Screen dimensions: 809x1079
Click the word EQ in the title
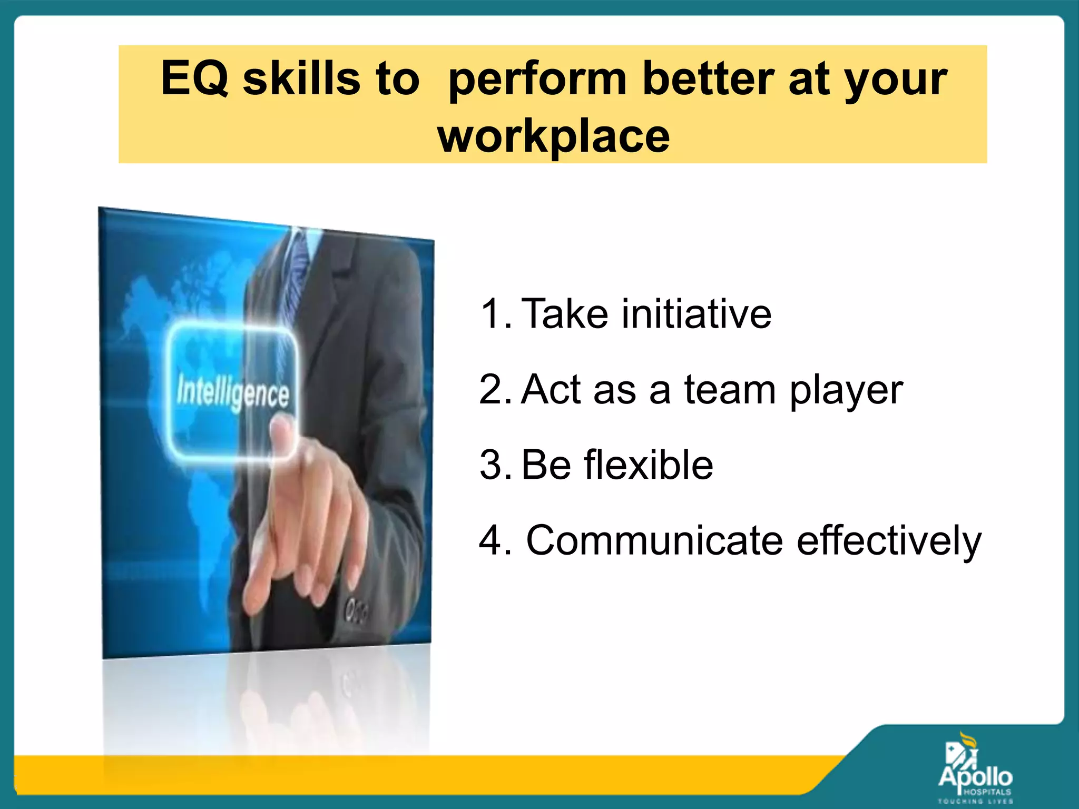(x=194, y=79)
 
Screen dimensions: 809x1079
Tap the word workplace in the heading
(x=553, y=136)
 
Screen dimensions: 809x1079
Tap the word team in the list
(x=730, y=390)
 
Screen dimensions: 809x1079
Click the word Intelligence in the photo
(x=232, y=393)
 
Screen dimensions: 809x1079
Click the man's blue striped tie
(x=301, y=258)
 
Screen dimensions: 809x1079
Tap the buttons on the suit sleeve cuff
(x=356, y=611)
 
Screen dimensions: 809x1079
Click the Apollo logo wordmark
(x=975, y=777)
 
